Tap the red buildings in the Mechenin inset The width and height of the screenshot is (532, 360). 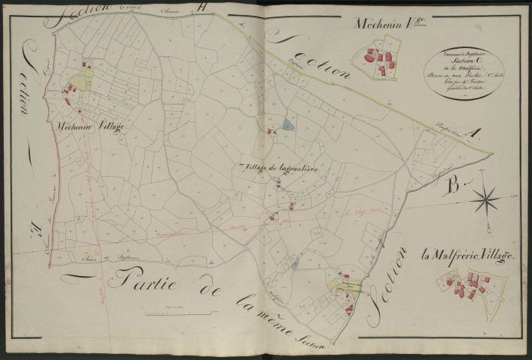380,60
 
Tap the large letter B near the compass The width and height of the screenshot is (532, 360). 452,184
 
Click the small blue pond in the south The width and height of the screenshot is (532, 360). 294,262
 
